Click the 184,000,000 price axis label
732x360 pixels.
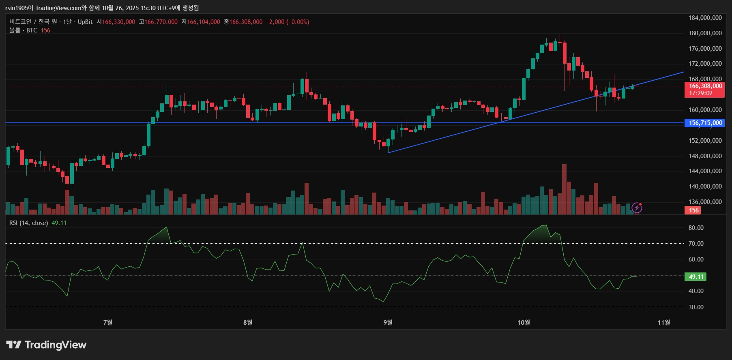pyautogui.click(x=705, y=18)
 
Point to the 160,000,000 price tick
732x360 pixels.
pyautogui.click(x=705, y=110)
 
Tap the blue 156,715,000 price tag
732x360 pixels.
pyautogui.click(x=705, y=123)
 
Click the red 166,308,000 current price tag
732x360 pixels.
pyautogui.click(x=705, y=86)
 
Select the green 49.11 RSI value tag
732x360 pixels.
pyautogui.click(x=696, y=277)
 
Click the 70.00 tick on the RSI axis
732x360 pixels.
pyautogui.click(x=696, y=244)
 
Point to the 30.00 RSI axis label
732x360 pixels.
pyautogui.click(x=696, y=307)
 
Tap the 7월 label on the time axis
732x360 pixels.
pyautogui.click(x=108, y=322)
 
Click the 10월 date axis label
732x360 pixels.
pyautogui.click(x=524, y=322)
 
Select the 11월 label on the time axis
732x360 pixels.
pyautogui.click(x=664, y=322)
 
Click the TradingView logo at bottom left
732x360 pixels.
pyautogui.click(x=46, y=345)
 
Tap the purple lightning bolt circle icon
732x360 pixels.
pyautogui.click(x=637, y=208)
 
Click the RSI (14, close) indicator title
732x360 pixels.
pyautogui.click(x=28, y=223)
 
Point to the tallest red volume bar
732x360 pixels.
pyautogui.click(x=564, y=189)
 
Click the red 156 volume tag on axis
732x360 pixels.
pyautogui.click(x=694, y=210)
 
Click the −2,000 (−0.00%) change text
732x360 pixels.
pyautogui.click(x=288, y=22)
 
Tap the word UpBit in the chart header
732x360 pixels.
pyautogui.click(x=85, y=22)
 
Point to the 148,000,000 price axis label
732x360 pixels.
pyautogui.click(x=705, y=156)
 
